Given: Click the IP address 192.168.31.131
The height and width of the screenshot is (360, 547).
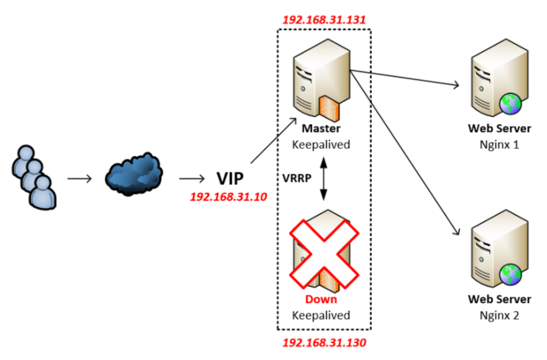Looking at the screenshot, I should click(x=324, y=18).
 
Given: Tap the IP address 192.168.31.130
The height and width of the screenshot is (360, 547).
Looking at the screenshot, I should click(x=324, y=343).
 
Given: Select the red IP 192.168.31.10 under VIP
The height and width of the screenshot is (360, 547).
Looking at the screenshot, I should click(x=228, y=197).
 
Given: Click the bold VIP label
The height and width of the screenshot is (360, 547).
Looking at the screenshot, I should click(x=230, y=178).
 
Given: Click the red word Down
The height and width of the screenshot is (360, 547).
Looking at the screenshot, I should click(x=321, y=299).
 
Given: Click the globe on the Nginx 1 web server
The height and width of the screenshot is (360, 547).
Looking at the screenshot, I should click(x=509, y=103).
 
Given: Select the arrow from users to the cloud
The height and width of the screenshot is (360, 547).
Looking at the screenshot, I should click(x=80, y=178).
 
